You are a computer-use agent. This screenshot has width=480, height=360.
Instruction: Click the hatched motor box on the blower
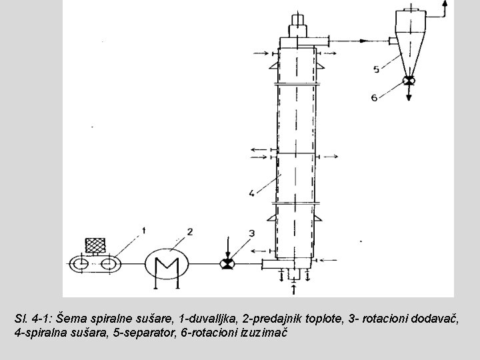pyautogui.click(x=93, y=245)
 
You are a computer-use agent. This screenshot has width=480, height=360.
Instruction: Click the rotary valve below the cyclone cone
pyautogui.click(x=409, y=81)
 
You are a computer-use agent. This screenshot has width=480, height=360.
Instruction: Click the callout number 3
pyautogui.click(x=251, y=233)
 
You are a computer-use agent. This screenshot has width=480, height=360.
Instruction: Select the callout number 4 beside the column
pyautogui.click(x=251, y=193)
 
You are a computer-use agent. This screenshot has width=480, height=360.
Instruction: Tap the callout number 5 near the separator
pyautogui.click(x=377, y=69)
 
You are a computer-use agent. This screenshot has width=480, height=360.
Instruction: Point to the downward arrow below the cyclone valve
pyautogui.click(x=409, y=95)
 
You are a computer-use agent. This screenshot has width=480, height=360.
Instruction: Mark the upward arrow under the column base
pyautogui.click(x=294, y=288)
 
